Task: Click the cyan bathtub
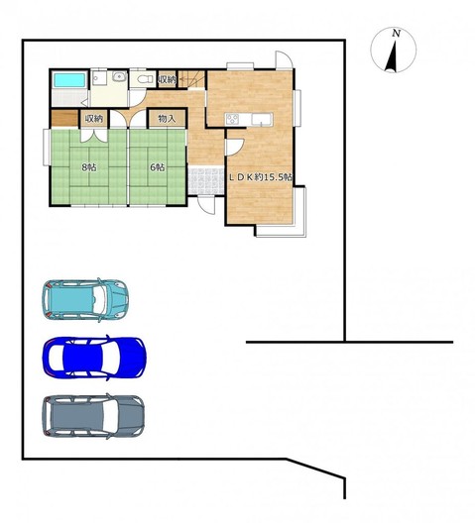[x=69, y=80]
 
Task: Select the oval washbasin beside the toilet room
[x=119, y=77]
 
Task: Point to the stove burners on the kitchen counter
[x=232, y=119]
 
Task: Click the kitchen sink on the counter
[x=262, y=119]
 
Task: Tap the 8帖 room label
[x=89, y=167]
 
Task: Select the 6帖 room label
[x=158, y=167]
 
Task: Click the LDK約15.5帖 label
[x=260, y=177]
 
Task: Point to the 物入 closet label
[x=167, y=119]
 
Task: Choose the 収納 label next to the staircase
[x=167, y=79]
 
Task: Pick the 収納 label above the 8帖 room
[x=94, y=119]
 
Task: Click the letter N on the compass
[x=397, y=33]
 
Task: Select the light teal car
[x=85, y=300]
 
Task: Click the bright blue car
[x=94, y=358]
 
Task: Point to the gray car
[x=93, y=416]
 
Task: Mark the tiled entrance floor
[x=205, y=180]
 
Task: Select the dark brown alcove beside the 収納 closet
[x=64, y=118]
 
